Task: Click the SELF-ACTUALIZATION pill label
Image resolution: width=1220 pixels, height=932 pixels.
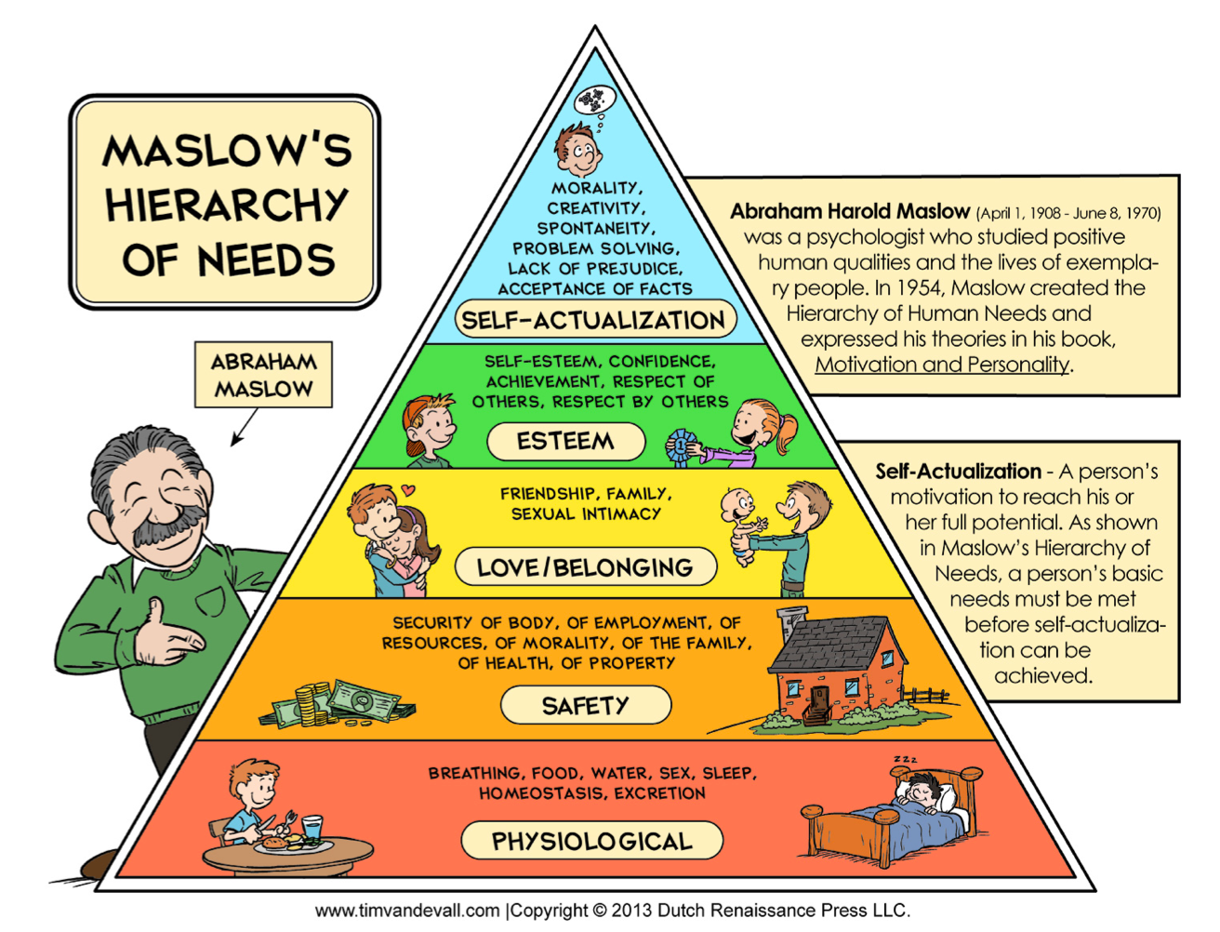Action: (595, 319)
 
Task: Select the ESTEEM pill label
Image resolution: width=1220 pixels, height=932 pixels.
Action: (565, 441)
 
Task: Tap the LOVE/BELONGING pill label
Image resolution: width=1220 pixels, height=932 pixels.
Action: (585, 566)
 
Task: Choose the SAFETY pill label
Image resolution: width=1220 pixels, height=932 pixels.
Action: (586, 705)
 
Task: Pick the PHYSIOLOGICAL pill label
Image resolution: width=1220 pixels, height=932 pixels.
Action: (592, 841)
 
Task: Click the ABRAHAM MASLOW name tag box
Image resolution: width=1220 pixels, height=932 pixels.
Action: (263, 375)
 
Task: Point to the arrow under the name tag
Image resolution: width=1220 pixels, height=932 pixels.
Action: (245, 427)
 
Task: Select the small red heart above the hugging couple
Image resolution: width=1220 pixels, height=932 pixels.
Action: (408, 490)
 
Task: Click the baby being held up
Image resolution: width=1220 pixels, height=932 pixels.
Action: (743, 526)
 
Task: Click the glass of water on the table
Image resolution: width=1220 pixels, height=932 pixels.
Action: (312, 828)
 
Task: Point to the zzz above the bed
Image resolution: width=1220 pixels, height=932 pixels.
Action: (906, 759)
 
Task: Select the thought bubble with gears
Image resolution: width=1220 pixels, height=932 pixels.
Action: (595, 100)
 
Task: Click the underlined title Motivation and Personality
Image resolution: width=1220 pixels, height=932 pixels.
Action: (942, 365)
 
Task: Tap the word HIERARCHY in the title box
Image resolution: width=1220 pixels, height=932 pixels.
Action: (226, 205)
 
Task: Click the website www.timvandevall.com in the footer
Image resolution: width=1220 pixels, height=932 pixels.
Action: (407, 911)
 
